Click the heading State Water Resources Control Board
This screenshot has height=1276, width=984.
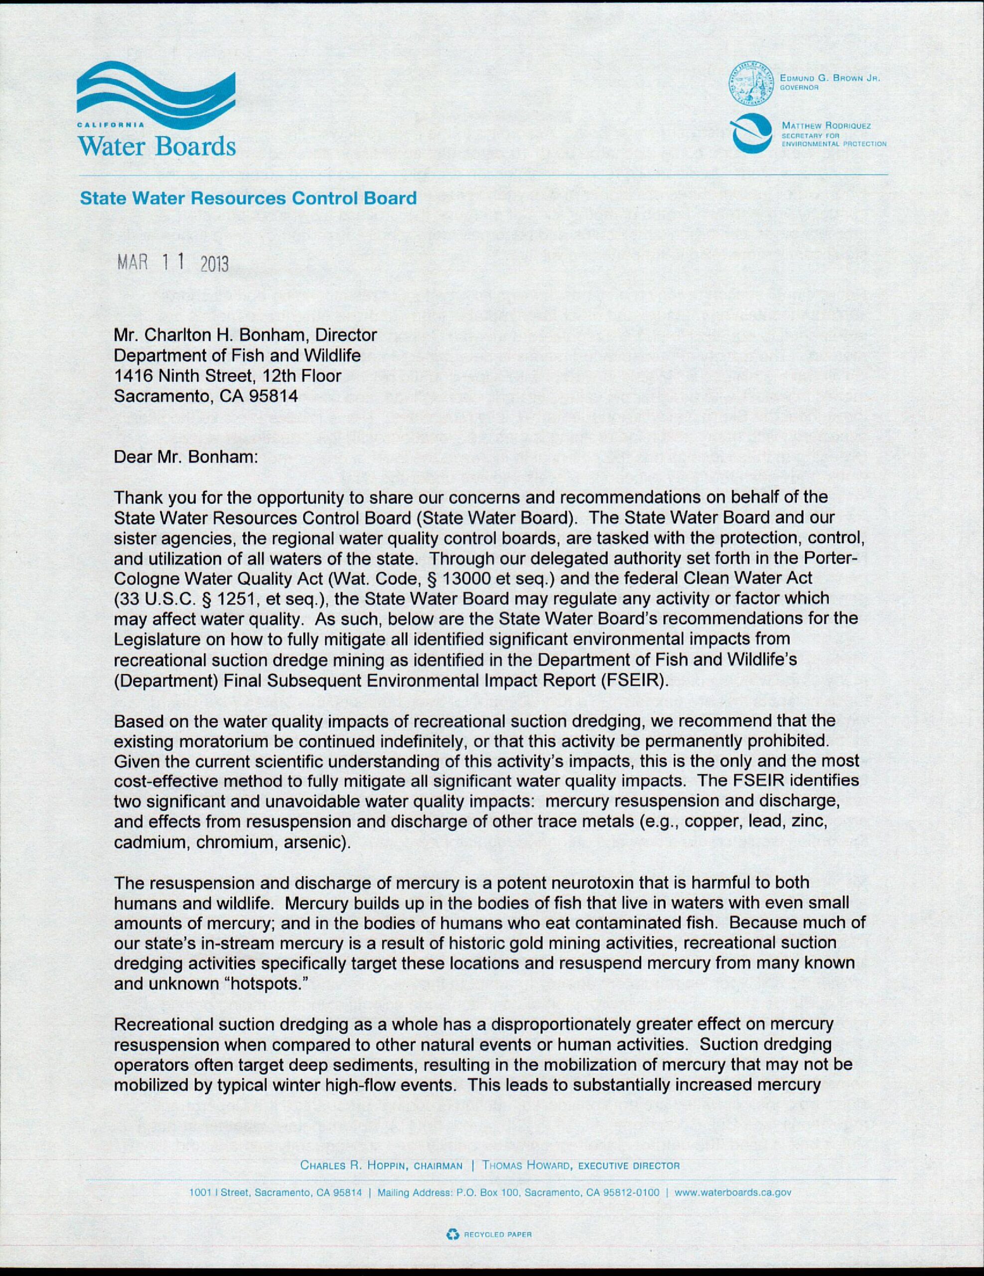[248, 198]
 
